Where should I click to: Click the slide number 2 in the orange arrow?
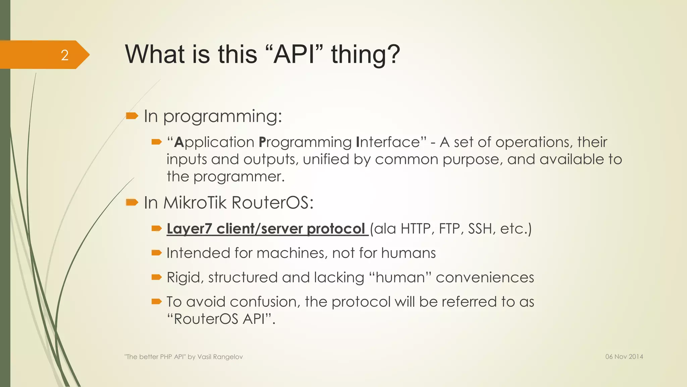click(x=65, y=55)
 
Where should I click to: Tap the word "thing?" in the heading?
click(x=366, y=54)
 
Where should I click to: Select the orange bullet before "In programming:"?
click(x=132, y=116)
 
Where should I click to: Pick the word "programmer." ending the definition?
click(x=239, y=177)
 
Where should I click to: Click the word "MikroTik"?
click(x=195, y=203)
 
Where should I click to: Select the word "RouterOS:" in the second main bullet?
click(x=272, y=203)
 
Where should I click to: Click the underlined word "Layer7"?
click(x=189, y=229)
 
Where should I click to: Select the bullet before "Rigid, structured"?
click(x=156, y=277)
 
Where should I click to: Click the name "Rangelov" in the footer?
click(x=230, y=357)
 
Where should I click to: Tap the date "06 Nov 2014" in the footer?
click(x=624, y=357)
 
